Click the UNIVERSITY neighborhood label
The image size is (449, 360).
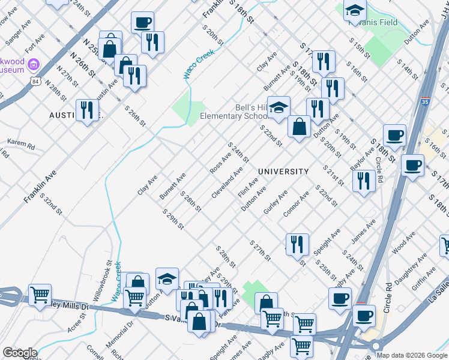[x=283, y=172]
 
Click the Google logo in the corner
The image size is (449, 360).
[x=20, y=353]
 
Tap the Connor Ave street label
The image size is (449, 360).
[x=297, y=205]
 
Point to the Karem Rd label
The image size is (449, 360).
[x=20, y=144]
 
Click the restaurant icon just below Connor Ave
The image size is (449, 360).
[x=297, y=245]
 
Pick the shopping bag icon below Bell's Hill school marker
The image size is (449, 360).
[x=299, y=127]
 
